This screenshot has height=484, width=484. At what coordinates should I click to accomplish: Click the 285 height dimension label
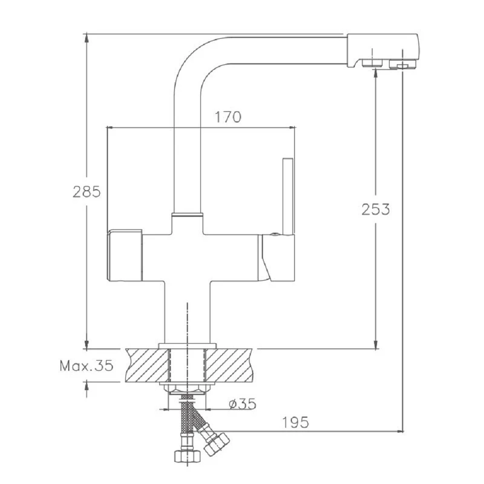click(87, 192)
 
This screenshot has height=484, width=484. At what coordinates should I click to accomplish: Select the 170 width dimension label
click(228, 117)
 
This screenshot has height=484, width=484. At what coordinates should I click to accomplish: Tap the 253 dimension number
click(376, 209)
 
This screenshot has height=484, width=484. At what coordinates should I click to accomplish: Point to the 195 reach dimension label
click(295, 422)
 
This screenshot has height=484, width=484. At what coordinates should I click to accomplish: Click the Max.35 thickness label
click(87, 366)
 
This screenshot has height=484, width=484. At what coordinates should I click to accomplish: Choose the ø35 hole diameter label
click(242, 404)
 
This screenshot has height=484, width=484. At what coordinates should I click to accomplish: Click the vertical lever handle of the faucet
click(288, 197)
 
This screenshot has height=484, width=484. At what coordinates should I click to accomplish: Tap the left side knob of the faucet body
click(124, 255)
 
